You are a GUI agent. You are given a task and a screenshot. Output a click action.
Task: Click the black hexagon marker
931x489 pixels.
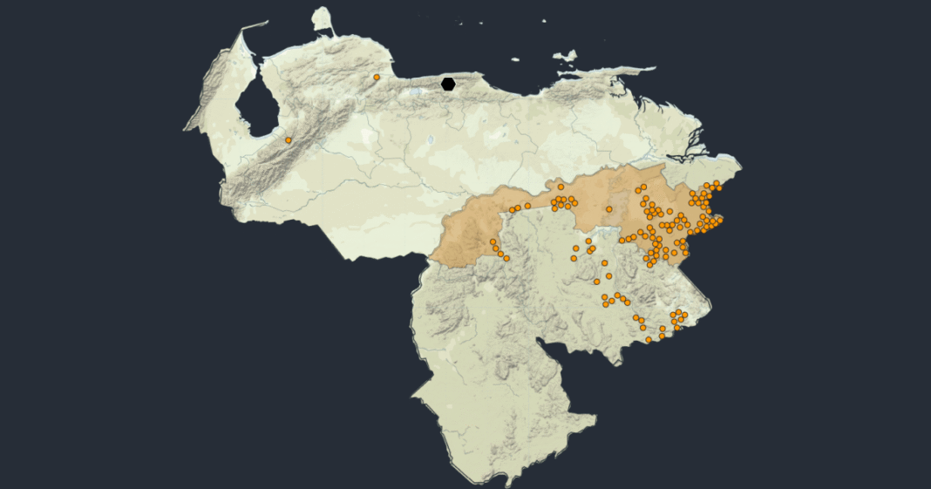[448, 84]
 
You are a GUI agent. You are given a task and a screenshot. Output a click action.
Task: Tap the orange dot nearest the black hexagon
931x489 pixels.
[377, 77]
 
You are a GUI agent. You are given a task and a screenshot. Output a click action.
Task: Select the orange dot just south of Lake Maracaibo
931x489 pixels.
[289, 139]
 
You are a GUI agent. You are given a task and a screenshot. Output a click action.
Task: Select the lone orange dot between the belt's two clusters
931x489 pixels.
[609, 209]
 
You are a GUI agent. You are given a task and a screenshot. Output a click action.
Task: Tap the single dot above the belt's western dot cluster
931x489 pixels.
[561, 187]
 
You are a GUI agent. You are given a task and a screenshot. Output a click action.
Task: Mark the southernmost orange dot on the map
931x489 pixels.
[649, 339]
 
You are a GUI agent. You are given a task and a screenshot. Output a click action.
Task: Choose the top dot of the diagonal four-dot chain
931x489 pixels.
[493, 241]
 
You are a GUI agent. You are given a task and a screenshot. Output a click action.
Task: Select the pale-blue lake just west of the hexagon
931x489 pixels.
[430, 89]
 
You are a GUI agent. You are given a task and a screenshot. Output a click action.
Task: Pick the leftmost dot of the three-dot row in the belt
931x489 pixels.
[513, 209]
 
